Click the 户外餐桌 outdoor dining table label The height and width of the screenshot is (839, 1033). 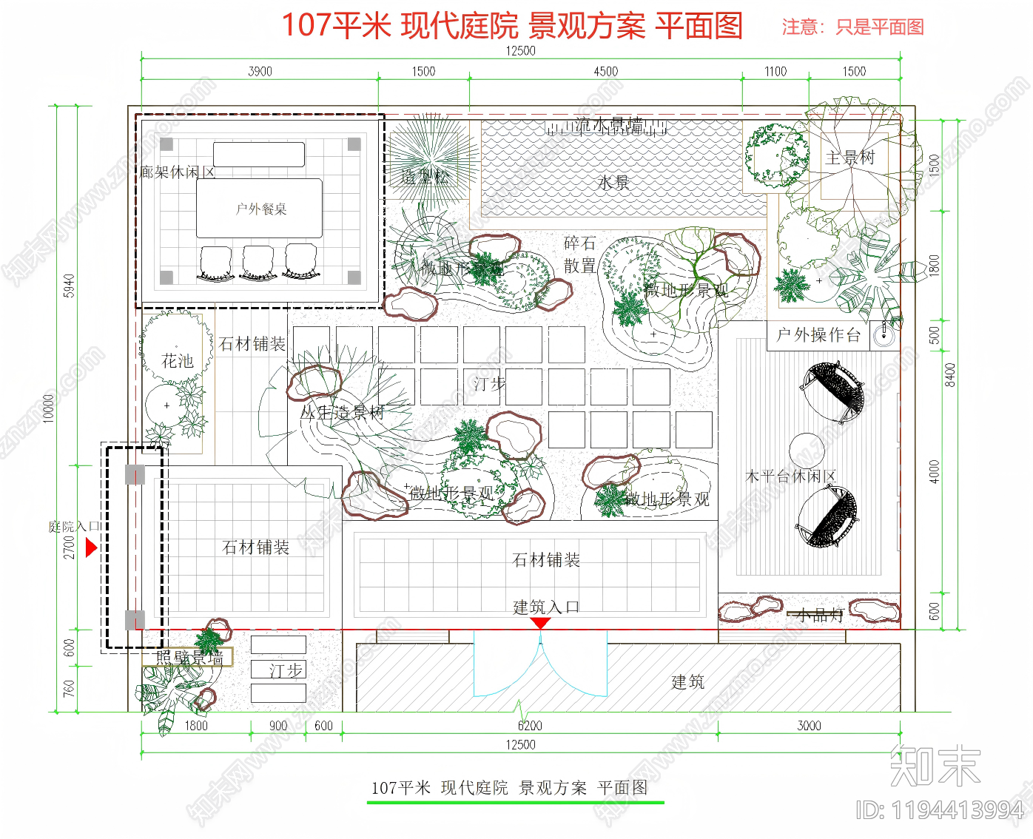point(260,209)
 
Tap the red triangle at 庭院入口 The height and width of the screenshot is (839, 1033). point(91,548)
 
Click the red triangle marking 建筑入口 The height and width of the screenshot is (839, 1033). point(541,623)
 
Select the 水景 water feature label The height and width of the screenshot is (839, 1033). point(613,183)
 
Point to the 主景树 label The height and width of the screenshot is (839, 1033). point(849,158)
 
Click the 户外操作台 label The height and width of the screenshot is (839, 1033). point(818,335)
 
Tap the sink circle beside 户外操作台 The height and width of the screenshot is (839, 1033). point(884,335)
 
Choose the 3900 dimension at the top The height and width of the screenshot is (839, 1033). point(260,72)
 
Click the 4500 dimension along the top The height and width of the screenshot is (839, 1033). point(605,72)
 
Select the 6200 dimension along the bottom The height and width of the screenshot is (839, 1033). point(530,726)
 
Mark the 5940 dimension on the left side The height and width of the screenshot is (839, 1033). point(69,286)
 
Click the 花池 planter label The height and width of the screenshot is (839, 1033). point(178,361)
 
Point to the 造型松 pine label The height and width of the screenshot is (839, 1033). point(425,177)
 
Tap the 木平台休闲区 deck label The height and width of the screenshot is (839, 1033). point(790,476)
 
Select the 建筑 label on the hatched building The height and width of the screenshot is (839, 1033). point(687,682)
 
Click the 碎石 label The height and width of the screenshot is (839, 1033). point(579,243)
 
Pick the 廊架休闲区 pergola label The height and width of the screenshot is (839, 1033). point(178,172)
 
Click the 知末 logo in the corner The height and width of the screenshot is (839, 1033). point(935,766)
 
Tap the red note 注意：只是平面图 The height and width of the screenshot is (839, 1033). point(852,27)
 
